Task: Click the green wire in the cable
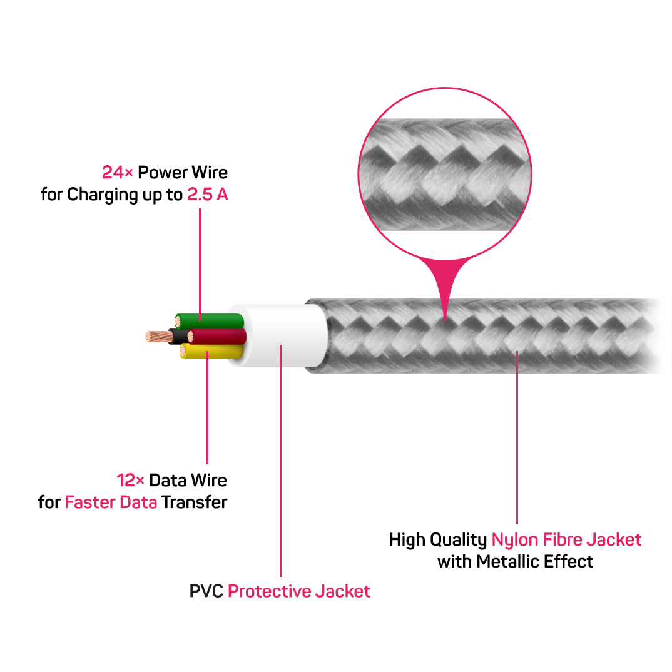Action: pyautogui.click(x=213, y=321)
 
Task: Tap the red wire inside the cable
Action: pyautogui.click(x=219, y=337)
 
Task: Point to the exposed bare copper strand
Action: pyautogui.click(x=156, y=336)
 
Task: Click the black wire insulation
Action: pyautogui.click(x=178, y=336)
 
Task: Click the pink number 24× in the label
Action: pyautogui.click(x=118, y=172)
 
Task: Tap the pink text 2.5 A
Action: pyautogui.click(x=208, y=195)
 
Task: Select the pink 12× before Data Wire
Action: pyautogui.click(x=131, y=481)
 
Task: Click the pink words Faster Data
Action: pyautogui.click(x=111, y=502)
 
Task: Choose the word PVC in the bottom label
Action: pyautogui.click(x=206, y=591)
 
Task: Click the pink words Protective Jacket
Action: pyautogui.click(x=299, y=591)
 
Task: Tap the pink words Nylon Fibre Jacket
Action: pyautogui.click(x=566, y=539)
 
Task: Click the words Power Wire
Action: pyautogui.click(x=183, y=172)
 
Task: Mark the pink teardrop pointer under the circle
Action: pyautogui.click(x=445, y=282)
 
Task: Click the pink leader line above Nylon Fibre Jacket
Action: pyautogui.click(x=517, y=438)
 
